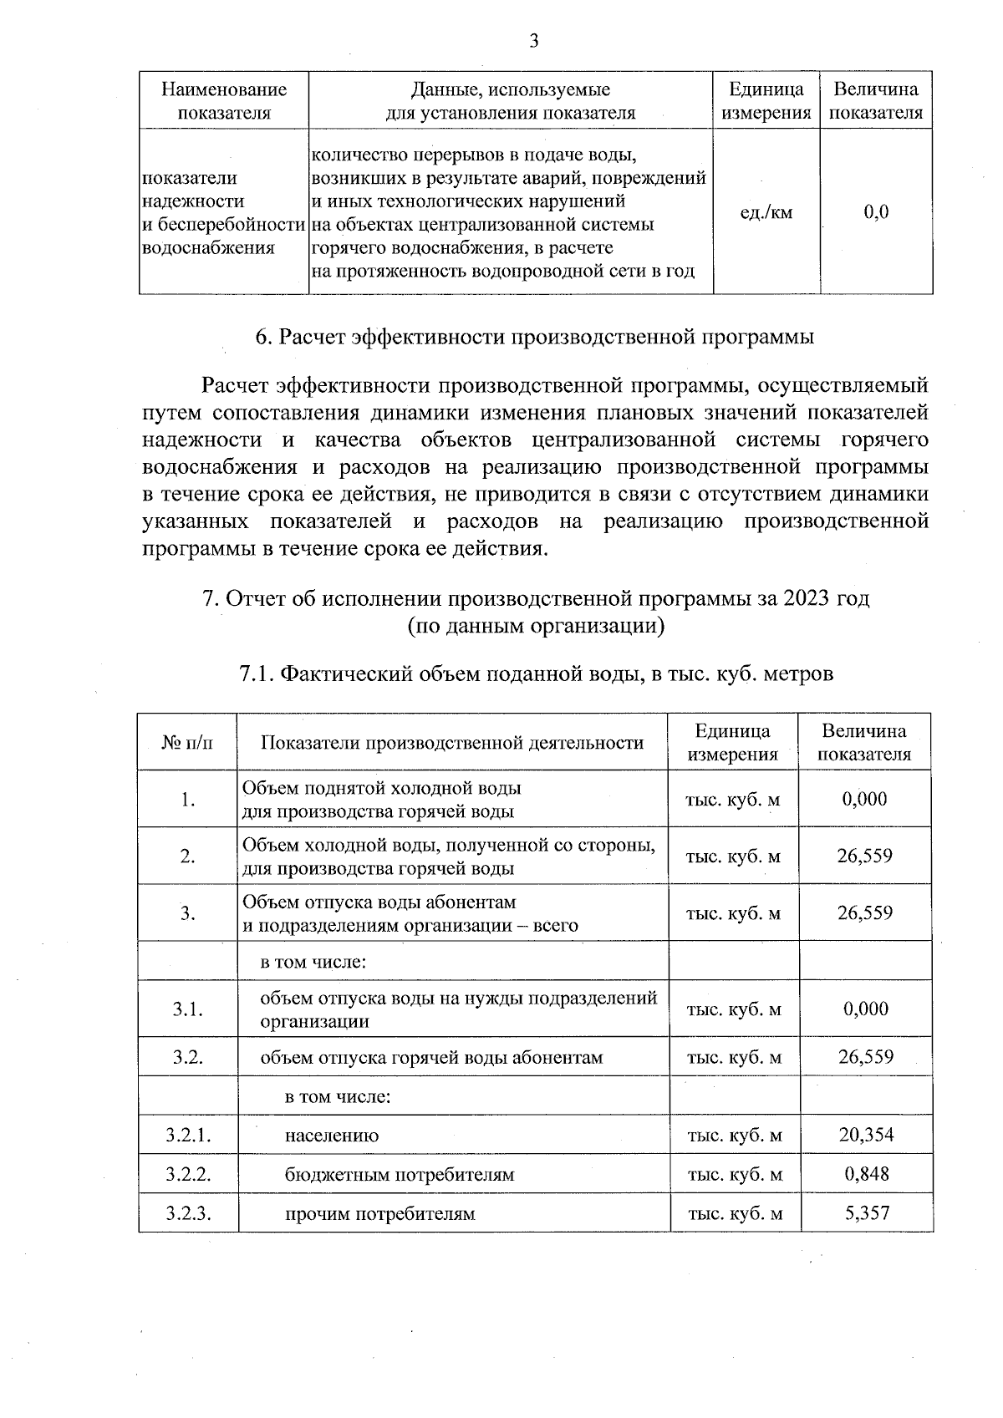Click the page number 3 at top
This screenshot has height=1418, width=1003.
[533, 41]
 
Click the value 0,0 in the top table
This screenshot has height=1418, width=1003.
[876, 212]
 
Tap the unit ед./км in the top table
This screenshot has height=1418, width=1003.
[766, 212]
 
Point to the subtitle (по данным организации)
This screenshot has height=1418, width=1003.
[536, 626]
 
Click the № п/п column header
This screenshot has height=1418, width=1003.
[187, 742]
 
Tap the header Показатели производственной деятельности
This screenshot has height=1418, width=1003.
[452, 742]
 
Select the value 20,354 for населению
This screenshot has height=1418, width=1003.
[866, 1135]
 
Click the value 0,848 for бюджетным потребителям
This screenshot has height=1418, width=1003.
[866, 1174]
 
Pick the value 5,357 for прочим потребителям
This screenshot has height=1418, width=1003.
[866, 1212]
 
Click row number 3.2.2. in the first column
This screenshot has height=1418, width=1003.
[188, 1174]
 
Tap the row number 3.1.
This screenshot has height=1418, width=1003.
[188, 1009]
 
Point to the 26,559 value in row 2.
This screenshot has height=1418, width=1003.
[865, 856]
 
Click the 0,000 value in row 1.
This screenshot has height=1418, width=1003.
[865, 799]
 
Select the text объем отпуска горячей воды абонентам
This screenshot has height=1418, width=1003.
[431, 1057]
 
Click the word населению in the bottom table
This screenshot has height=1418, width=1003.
[332, 1136]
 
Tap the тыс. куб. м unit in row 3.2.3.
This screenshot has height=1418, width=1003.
[735, 1213]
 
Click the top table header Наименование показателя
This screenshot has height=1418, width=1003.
[224, 100]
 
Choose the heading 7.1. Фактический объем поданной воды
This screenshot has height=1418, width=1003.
[536, 673]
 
